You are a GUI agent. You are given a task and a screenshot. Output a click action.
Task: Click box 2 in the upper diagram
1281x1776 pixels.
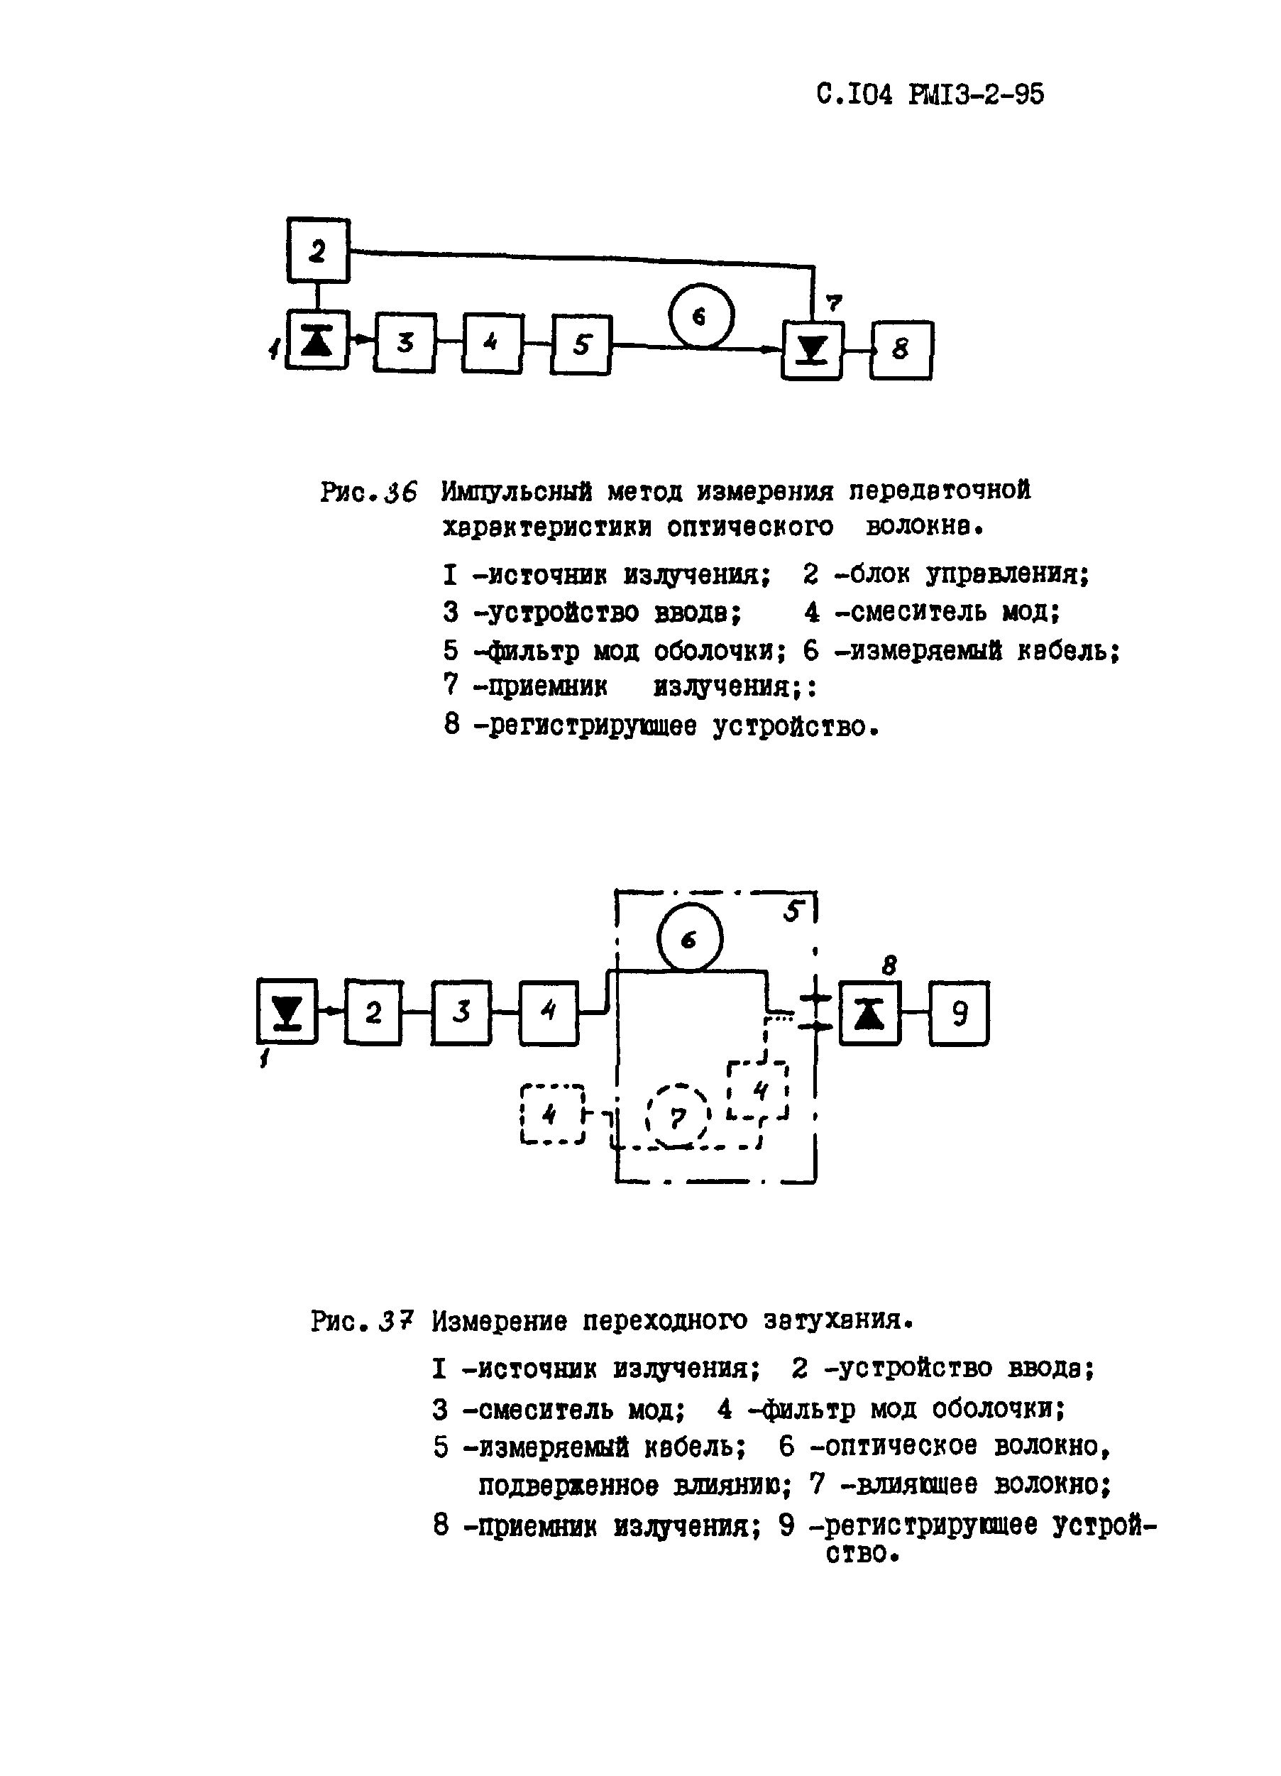pos(317,251)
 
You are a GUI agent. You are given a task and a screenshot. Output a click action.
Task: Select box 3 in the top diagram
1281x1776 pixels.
pos(404,342)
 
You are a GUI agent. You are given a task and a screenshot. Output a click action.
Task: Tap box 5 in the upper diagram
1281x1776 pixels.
pos(582,344)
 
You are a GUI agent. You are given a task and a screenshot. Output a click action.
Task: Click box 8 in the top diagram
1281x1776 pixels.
pos(901,350)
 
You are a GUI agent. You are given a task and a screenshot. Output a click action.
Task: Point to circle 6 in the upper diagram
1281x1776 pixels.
pos(700,316)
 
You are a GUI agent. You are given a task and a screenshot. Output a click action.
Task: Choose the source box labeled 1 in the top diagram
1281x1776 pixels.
pos(317,340)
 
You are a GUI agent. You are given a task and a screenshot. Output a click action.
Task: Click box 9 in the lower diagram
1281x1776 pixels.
pos(960,1014)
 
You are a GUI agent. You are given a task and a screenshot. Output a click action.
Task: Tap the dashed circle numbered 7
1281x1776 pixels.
pos(678,1117)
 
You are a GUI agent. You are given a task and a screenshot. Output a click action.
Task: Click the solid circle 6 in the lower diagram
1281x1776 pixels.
pos(689,937)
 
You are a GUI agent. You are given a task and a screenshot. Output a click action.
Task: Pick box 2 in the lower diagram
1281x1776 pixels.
pos(373,1012)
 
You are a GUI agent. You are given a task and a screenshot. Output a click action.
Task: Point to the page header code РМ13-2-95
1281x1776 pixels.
pos(977,94)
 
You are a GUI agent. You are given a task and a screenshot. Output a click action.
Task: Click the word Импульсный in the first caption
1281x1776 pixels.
pos(516,491)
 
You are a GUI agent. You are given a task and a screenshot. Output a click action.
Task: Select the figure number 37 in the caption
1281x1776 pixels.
pos(395,1321)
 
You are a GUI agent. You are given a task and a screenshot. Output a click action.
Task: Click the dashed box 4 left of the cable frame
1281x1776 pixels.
pos(551,1114)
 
